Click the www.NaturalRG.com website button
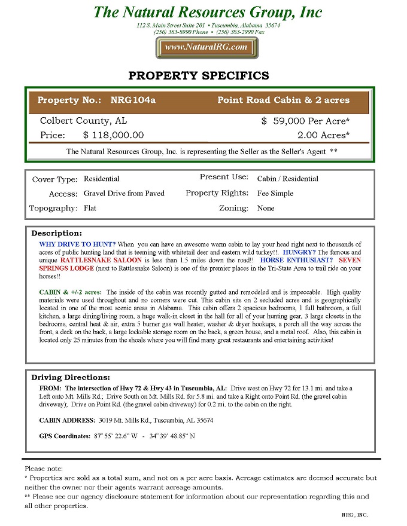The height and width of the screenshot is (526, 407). pos(206,47)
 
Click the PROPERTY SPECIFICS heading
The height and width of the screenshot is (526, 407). pos(199,76)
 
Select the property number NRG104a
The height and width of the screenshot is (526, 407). pos(133,100)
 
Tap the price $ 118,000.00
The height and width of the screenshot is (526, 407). pos(113,136)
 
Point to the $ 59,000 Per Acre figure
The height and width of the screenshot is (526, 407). pos(305,121)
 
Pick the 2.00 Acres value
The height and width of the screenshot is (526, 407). pos(323,136)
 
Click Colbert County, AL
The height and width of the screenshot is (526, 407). pos(83,121)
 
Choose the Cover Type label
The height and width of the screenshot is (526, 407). pos(54,179)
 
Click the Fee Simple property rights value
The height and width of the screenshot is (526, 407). pos(275,194)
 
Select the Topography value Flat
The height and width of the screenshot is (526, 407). pos(90,208)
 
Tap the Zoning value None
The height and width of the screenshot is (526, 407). pos(266,208)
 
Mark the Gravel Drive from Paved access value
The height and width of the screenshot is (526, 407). pos(124,194)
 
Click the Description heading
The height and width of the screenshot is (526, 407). pos(56,233)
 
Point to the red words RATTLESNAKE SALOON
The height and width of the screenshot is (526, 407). pos(101,260)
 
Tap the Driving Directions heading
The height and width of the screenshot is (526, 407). pos(71,377)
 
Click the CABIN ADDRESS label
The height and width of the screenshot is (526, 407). pos(66,420)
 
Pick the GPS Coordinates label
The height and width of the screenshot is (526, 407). pos(65,436)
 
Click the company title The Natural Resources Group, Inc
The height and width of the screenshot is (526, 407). pos(208,12)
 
